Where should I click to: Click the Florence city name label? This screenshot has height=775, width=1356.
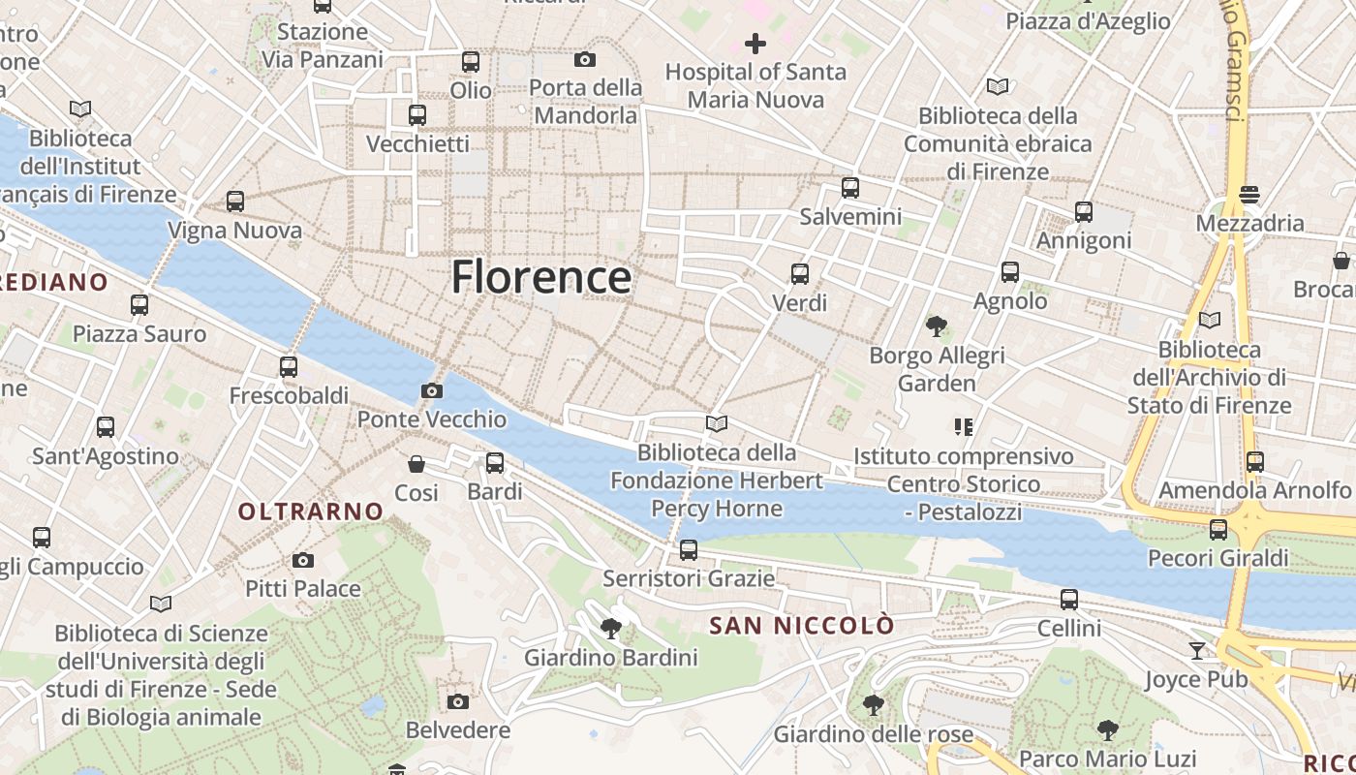(541, 277)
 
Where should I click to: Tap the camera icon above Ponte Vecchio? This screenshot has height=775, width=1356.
(432, 391)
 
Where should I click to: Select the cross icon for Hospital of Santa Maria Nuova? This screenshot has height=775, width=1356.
(755, 44)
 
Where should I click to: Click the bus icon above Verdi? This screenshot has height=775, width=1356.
(800, 274)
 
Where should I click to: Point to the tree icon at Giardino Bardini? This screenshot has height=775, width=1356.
(611, 630)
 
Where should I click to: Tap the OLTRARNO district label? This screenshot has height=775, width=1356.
(311, 511)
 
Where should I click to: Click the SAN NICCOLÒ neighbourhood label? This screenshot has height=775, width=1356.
(802, 626)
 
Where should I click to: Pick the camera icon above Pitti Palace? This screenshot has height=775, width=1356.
(303, 560)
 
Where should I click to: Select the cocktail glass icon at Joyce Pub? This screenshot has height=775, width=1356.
(1197, 651)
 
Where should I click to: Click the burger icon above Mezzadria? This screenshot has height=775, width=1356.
(1249, 195)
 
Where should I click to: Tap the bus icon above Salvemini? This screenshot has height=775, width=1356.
(850, 188)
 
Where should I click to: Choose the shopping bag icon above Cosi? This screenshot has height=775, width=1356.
(416, 464)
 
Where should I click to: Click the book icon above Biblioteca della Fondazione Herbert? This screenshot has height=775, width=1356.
(717, 423)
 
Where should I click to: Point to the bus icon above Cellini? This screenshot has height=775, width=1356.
(1069, 600)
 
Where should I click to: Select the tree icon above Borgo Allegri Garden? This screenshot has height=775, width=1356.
(936, 326)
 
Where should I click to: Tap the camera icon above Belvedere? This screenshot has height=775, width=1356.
(458, 701)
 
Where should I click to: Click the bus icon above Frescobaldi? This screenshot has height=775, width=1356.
(289, 367)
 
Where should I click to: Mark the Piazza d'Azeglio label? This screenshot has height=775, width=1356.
(1088, 21)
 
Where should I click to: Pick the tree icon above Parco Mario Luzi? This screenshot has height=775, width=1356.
(1108, 729)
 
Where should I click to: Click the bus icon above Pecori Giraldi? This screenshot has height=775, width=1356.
(1218, 530)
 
